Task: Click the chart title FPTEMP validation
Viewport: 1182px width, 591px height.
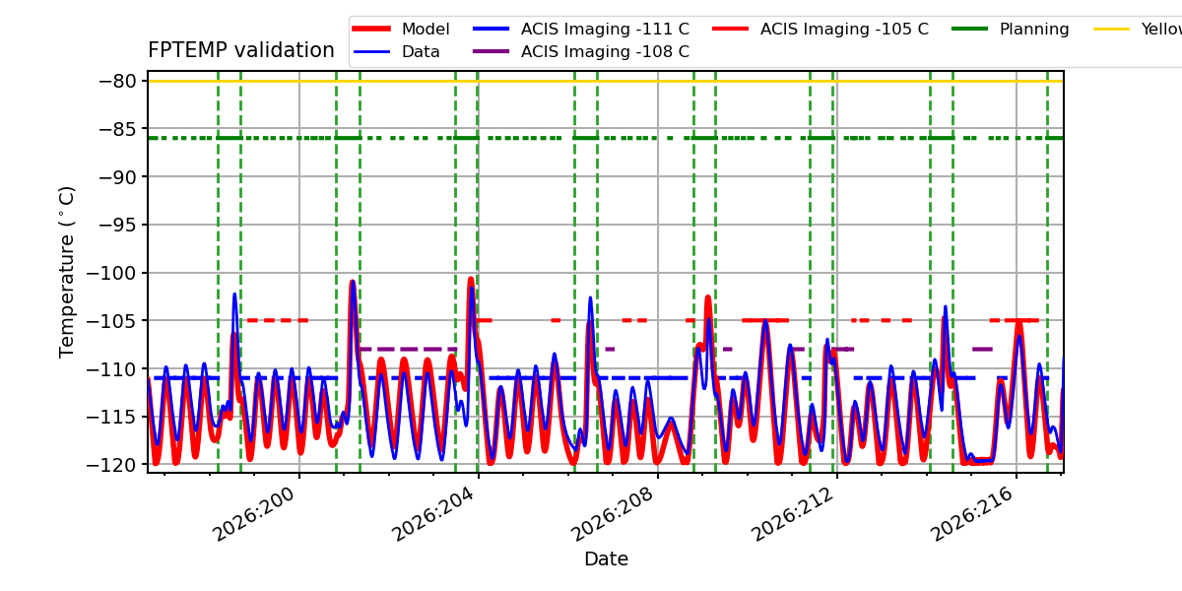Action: (241, 50)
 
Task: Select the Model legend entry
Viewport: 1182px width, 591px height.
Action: (401, 29)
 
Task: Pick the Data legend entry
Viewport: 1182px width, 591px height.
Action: (397, 51)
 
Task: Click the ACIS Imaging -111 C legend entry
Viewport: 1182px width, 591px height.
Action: (581, 29)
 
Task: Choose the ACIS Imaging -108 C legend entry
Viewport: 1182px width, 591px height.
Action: (581, 51)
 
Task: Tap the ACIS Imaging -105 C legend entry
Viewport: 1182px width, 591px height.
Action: (820, 29)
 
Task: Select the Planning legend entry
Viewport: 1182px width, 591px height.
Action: (1011, 29)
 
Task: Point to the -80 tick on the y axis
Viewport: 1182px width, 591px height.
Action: (117, 81)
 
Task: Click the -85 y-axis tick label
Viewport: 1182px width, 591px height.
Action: (117, 129)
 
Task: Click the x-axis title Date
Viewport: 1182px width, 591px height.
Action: (606, 558)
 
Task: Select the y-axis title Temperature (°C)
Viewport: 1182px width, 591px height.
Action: (67, 272)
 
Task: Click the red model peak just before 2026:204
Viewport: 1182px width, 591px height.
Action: (471, 279)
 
